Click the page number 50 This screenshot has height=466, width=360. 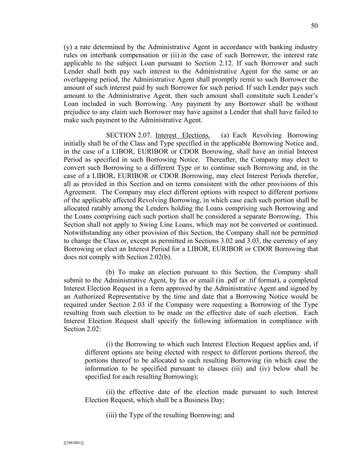314,26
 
